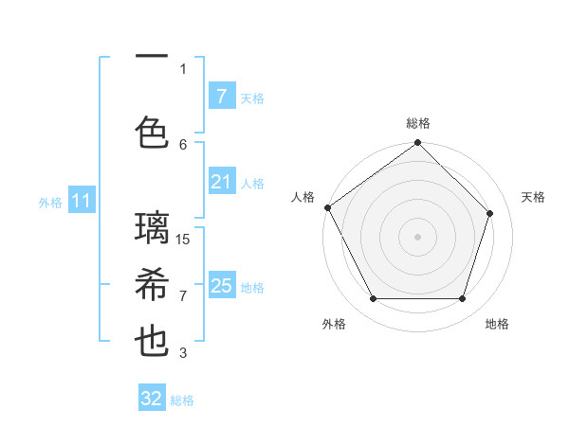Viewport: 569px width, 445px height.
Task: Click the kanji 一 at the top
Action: pyautogui.click(x=153, y=58)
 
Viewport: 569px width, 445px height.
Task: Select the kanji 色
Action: pyautogui.click(x=153, y=132)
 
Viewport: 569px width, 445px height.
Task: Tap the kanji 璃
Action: pyautogui.click(x=153, y=228)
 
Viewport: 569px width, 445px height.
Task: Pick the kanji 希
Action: pyautogui.click(x=153, y=285)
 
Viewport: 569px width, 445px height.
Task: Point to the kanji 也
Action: pyautogui.click(x=153, y=342)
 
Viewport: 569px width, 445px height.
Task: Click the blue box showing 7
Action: pyautogui.click(x=221, y=96)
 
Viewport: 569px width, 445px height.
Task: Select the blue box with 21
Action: pyautogui.click(x=221, y=182)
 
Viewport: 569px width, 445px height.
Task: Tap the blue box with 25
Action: pyautogui.click(x=221, y=286)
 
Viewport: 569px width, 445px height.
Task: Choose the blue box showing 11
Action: pyautogui.click(x=82, y=201)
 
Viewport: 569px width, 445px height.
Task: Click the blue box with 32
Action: pyautogui.click(x=152, y=399)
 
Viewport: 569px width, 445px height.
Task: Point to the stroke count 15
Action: pyautogui.click(x=184, y=239)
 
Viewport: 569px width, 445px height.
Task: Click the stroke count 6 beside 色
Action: pyautogui.click(x=184, y=144)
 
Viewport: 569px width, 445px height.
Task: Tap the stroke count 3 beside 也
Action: pyautogui.click(x=184, y=353)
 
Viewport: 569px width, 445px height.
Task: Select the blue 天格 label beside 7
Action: pyautogui.click(x=252, y=98)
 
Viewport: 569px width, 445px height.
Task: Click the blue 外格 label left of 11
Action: pyautogui.click(x=50, y=202)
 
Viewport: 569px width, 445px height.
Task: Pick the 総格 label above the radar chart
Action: pyautogui.click(x=417, y=123)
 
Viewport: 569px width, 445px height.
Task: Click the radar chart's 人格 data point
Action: pyautogui.click(x=327, y=207)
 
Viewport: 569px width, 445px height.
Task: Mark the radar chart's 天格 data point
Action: pyautogui.click(x=490, y=213)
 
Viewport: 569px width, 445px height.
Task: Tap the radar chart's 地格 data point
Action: pyautogui.click(x=462, y=298)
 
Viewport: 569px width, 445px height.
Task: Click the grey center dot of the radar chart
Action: pyautogui.click(x=417, y=237)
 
